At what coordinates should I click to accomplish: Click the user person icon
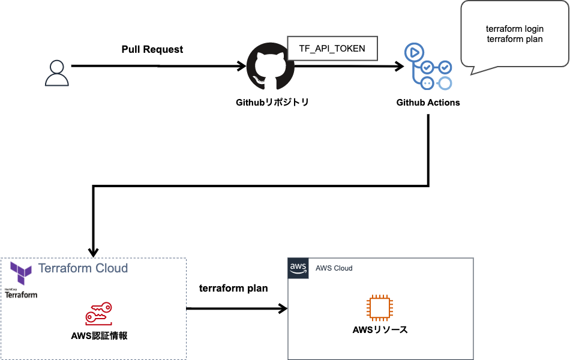(x=57, y=73)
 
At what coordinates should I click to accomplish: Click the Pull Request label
(x=152, y=49)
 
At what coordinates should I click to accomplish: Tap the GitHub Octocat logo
(x=270, y=66)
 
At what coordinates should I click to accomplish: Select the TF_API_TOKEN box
(x=332, y=49)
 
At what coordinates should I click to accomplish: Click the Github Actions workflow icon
(x=428, y=66)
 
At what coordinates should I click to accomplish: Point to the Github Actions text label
(x=428, y=103)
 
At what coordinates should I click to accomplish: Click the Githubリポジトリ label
(x=272, y=103)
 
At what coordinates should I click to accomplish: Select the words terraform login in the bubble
(x=515, y=29)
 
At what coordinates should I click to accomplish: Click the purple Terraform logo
(x=21, y=273)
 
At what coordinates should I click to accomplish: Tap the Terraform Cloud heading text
(x=83, y=268)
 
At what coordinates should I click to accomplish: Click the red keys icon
(x=98, y=313)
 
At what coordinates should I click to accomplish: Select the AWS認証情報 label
(x=99, y=335)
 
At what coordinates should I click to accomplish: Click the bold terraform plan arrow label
(x=233, y=289)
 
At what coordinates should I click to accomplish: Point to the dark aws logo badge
(x=298, y=268)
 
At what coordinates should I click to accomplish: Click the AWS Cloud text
(x=334, y=268)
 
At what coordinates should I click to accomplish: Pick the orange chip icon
(x=380, y=308)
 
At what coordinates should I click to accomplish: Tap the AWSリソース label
(x=380, y=330)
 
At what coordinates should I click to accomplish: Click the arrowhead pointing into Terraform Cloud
(x=94, y=253)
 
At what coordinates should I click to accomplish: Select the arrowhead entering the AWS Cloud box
(x=283, y=309)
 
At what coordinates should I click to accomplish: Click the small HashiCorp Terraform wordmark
(x=21, y=294)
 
